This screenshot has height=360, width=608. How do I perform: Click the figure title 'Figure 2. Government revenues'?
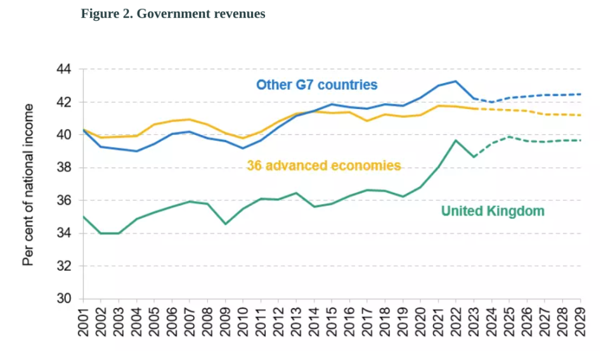(172, 14)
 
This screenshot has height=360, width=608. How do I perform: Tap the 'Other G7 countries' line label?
(316, 85)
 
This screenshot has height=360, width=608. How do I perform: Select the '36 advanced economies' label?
(323, 166)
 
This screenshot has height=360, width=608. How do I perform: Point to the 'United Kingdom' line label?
(493, 211)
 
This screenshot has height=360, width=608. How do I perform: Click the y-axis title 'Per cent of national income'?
(28, 184)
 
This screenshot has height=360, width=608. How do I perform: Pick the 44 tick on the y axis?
(67, 69)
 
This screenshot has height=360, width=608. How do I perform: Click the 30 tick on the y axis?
(67, 299)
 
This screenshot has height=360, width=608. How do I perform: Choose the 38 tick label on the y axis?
(67, 168)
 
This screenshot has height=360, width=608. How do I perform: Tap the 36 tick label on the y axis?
(67, 201)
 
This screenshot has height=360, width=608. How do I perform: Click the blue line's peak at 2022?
(456, 81)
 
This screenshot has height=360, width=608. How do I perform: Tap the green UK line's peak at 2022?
(456, 140)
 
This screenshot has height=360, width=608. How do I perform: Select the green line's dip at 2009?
(225, 224)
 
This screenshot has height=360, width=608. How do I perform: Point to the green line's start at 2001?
(83, 216)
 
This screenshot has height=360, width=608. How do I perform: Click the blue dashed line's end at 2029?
(581, 94)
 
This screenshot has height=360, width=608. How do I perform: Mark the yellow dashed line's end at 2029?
(581, 115)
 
